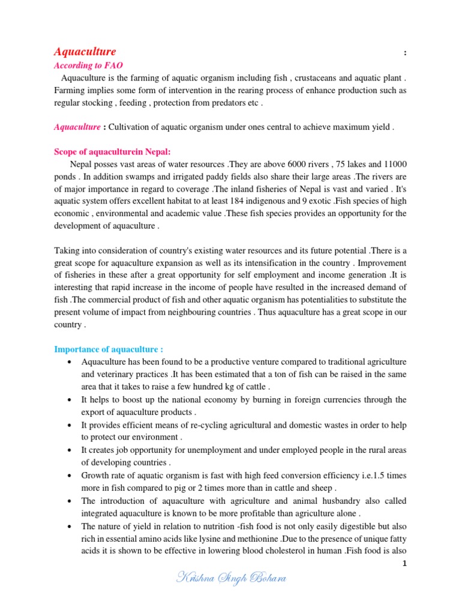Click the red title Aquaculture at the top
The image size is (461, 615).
pyautogui.click(x=85, y=52)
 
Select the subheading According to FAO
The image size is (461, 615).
pyautogui.click(x=88, y=65)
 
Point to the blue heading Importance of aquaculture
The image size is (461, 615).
pyautogui.click(x=108, y=349)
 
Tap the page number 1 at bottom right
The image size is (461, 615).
pyautogui.click(x=405, y=563)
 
